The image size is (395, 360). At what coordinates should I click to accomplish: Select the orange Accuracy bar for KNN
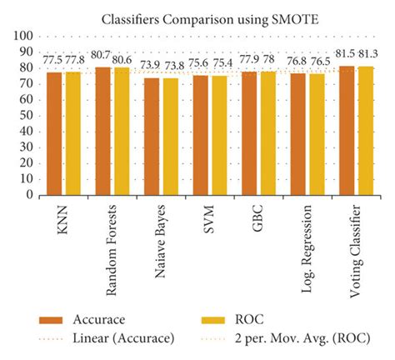55,133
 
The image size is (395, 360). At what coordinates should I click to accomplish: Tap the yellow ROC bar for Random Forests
122,131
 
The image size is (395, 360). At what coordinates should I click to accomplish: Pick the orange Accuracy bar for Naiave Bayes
152,137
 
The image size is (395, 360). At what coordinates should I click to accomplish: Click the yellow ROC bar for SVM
218,135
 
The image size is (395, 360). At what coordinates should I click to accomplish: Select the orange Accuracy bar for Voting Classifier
347,130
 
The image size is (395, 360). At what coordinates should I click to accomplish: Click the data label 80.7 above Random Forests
101,56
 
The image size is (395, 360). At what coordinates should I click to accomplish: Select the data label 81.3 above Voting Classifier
368,54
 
